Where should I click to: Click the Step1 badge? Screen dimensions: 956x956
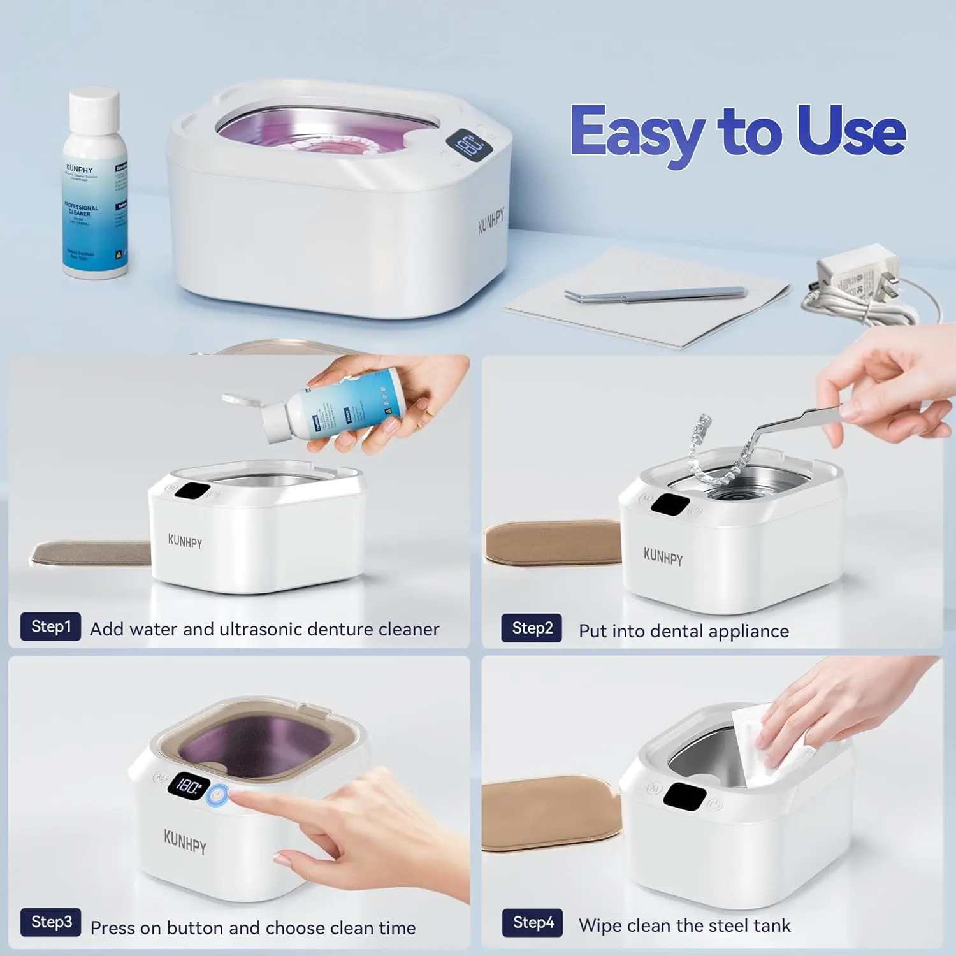pyautogui.click(x=51, y=626)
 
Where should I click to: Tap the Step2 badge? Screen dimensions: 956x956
pyautogui.click(x=532, y=628)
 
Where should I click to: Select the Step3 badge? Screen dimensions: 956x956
pyautogui.click(x=51, y=922)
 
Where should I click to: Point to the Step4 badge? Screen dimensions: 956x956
pyautogui.click(x=533, y=923)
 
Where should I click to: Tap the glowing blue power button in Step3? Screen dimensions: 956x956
pyautogui.click(x=218, y=795)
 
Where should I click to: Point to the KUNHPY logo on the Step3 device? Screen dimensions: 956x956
pyautogui.click(x=185, y=842)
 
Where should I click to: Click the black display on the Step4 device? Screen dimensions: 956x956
pyautogui.click(x=684, y=797)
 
